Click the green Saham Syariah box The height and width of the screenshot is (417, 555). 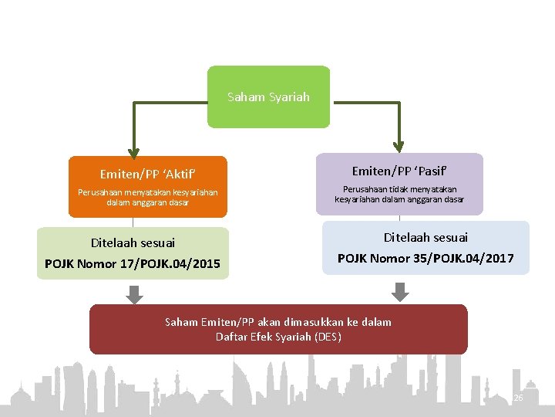pyautogui.click(x=268, y=97)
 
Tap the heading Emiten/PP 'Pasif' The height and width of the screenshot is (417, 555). pyautogui.click(x=399, y=170)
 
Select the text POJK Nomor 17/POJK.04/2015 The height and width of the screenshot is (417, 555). pyautogui.click(x=133, y=264)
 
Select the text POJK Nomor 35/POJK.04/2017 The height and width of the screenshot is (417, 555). pyautogui.click(x=425, y=258)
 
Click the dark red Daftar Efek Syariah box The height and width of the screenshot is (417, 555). pyautogui.click(x=278, y=330)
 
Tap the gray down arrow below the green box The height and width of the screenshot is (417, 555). pyautogui.click(x=134, y=293)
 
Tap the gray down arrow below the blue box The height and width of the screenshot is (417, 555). pyautogui.click(x=399, y=292)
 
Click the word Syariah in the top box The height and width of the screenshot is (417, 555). pyautogui.click(x=290, y=97)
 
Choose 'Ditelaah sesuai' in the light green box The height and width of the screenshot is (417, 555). pyautogui.click(x=133, y=242)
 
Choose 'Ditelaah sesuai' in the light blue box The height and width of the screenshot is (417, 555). pyautogui.click(x=425, y=238)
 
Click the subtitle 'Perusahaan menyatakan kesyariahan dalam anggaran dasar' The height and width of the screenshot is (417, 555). pyautogui.click(x=148, y=197)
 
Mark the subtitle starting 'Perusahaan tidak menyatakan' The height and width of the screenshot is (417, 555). pyautogui.click(x=399, y=194)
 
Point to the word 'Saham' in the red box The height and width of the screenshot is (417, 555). pyautogui.click(x=181, y=322)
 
